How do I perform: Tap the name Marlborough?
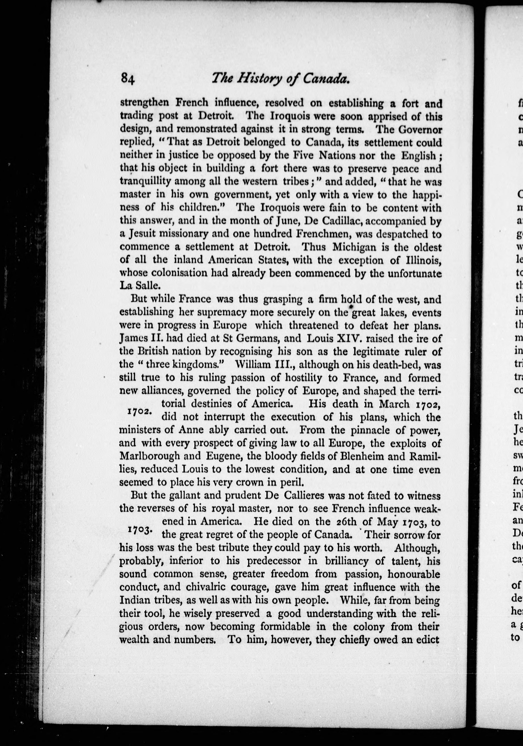(150, 456)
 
